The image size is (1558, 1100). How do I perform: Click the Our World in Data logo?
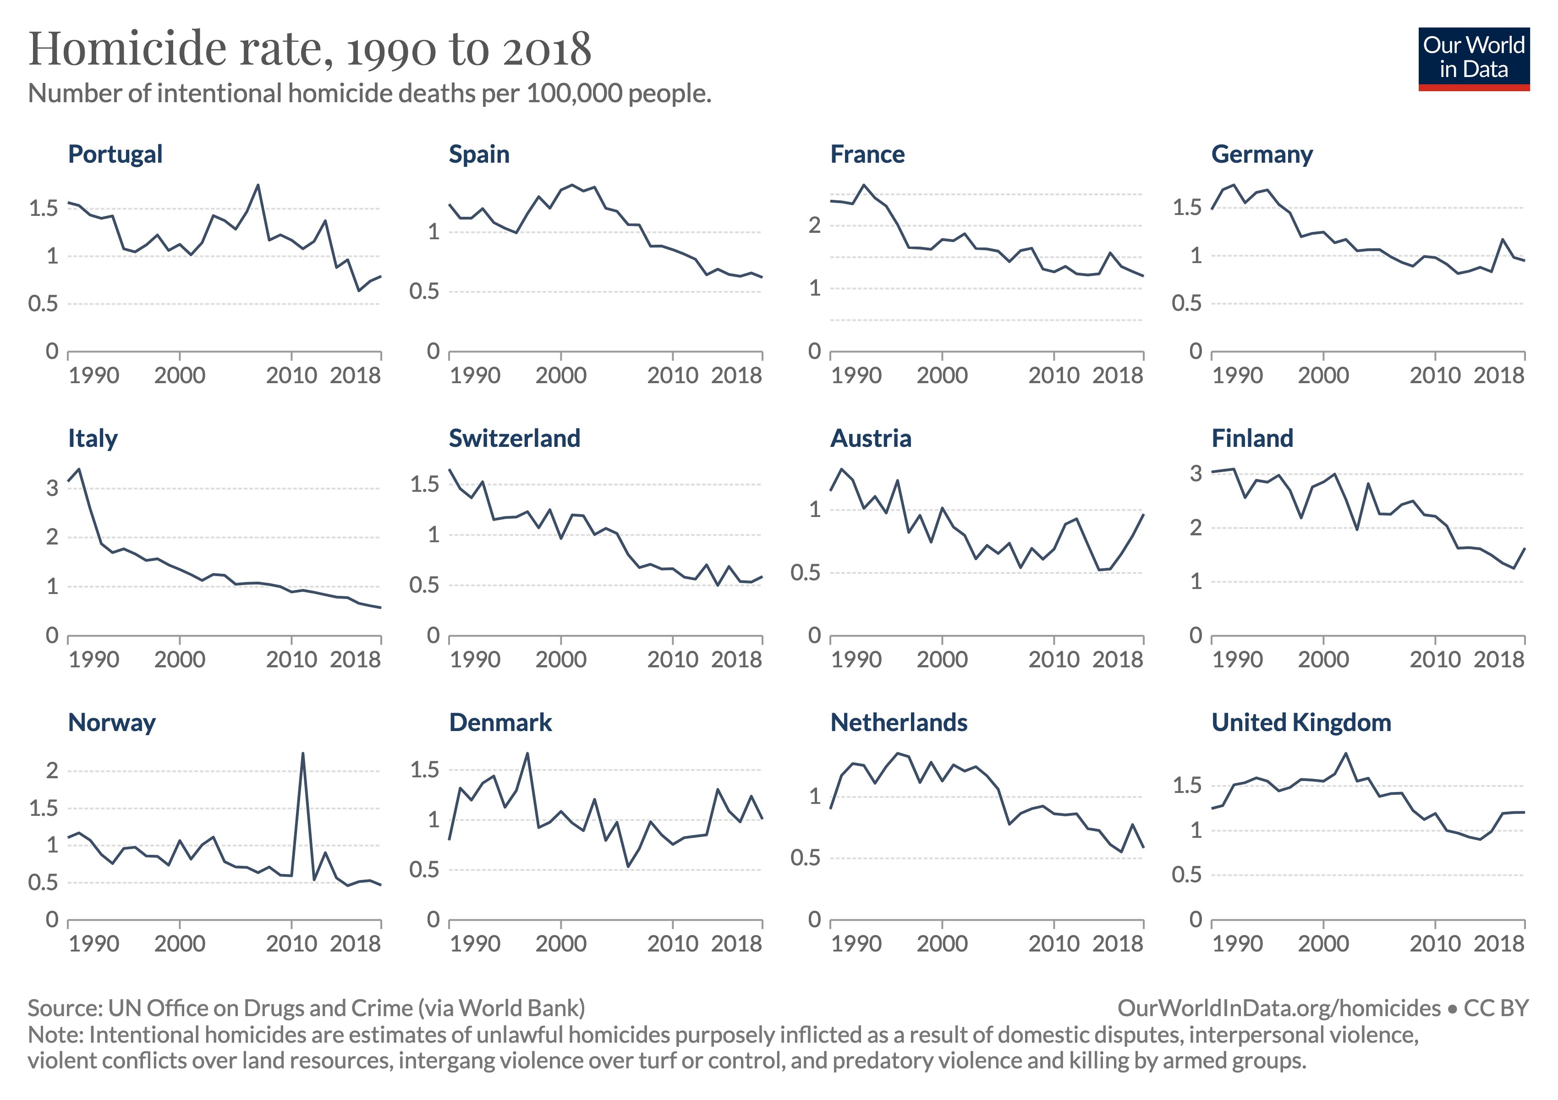tap(1473, 58)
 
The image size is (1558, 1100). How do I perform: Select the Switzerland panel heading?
tap(514, 438)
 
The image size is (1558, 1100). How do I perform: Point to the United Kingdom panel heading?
tap(1301, 723)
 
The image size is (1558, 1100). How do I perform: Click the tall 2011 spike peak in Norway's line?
tap(302, 753)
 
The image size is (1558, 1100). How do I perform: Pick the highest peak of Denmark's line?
tap(527, 753)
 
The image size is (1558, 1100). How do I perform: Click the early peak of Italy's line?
tap(80, 469)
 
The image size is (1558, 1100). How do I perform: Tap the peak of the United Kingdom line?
tap(1345, 753)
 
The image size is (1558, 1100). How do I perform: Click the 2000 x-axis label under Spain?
tap(560, 375)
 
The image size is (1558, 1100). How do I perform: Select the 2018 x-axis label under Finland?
tap(1499, 660)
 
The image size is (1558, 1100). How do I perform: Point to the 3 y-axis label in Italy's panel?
tap(52, 488)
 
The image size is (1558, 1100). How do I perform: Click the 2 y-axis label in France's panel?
tap(814, 225)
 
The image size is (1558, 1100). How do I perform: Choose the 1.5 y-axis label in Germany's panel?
tap(1187, 208)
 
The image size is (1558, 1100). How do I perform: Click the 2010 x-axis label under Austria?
tap(1053, 660)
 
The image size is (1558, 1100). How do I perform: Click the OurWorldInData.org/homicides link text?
tap(1278, 1008)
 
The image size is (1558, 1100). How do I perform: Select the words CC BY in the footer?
tap(1496, 1008)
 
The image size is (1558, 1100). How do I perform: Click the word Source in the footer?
tap(65, 1008)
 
